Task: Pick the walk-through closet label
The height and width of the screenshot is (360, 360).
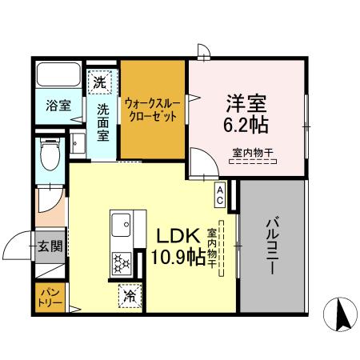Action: [152, 109]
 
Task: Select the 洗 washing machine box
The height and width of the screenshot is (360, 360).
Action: [101, 81]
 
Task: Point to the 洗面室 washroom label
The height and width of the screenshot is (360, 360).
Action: [104, 121]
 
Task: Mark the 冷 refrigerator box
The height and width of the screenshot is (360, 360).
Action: [129, 296]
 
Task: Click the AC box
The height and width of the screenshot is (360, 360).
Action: [220, 190]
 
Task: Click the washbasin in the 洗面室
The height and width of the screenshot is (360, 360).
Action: [79, 143]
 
